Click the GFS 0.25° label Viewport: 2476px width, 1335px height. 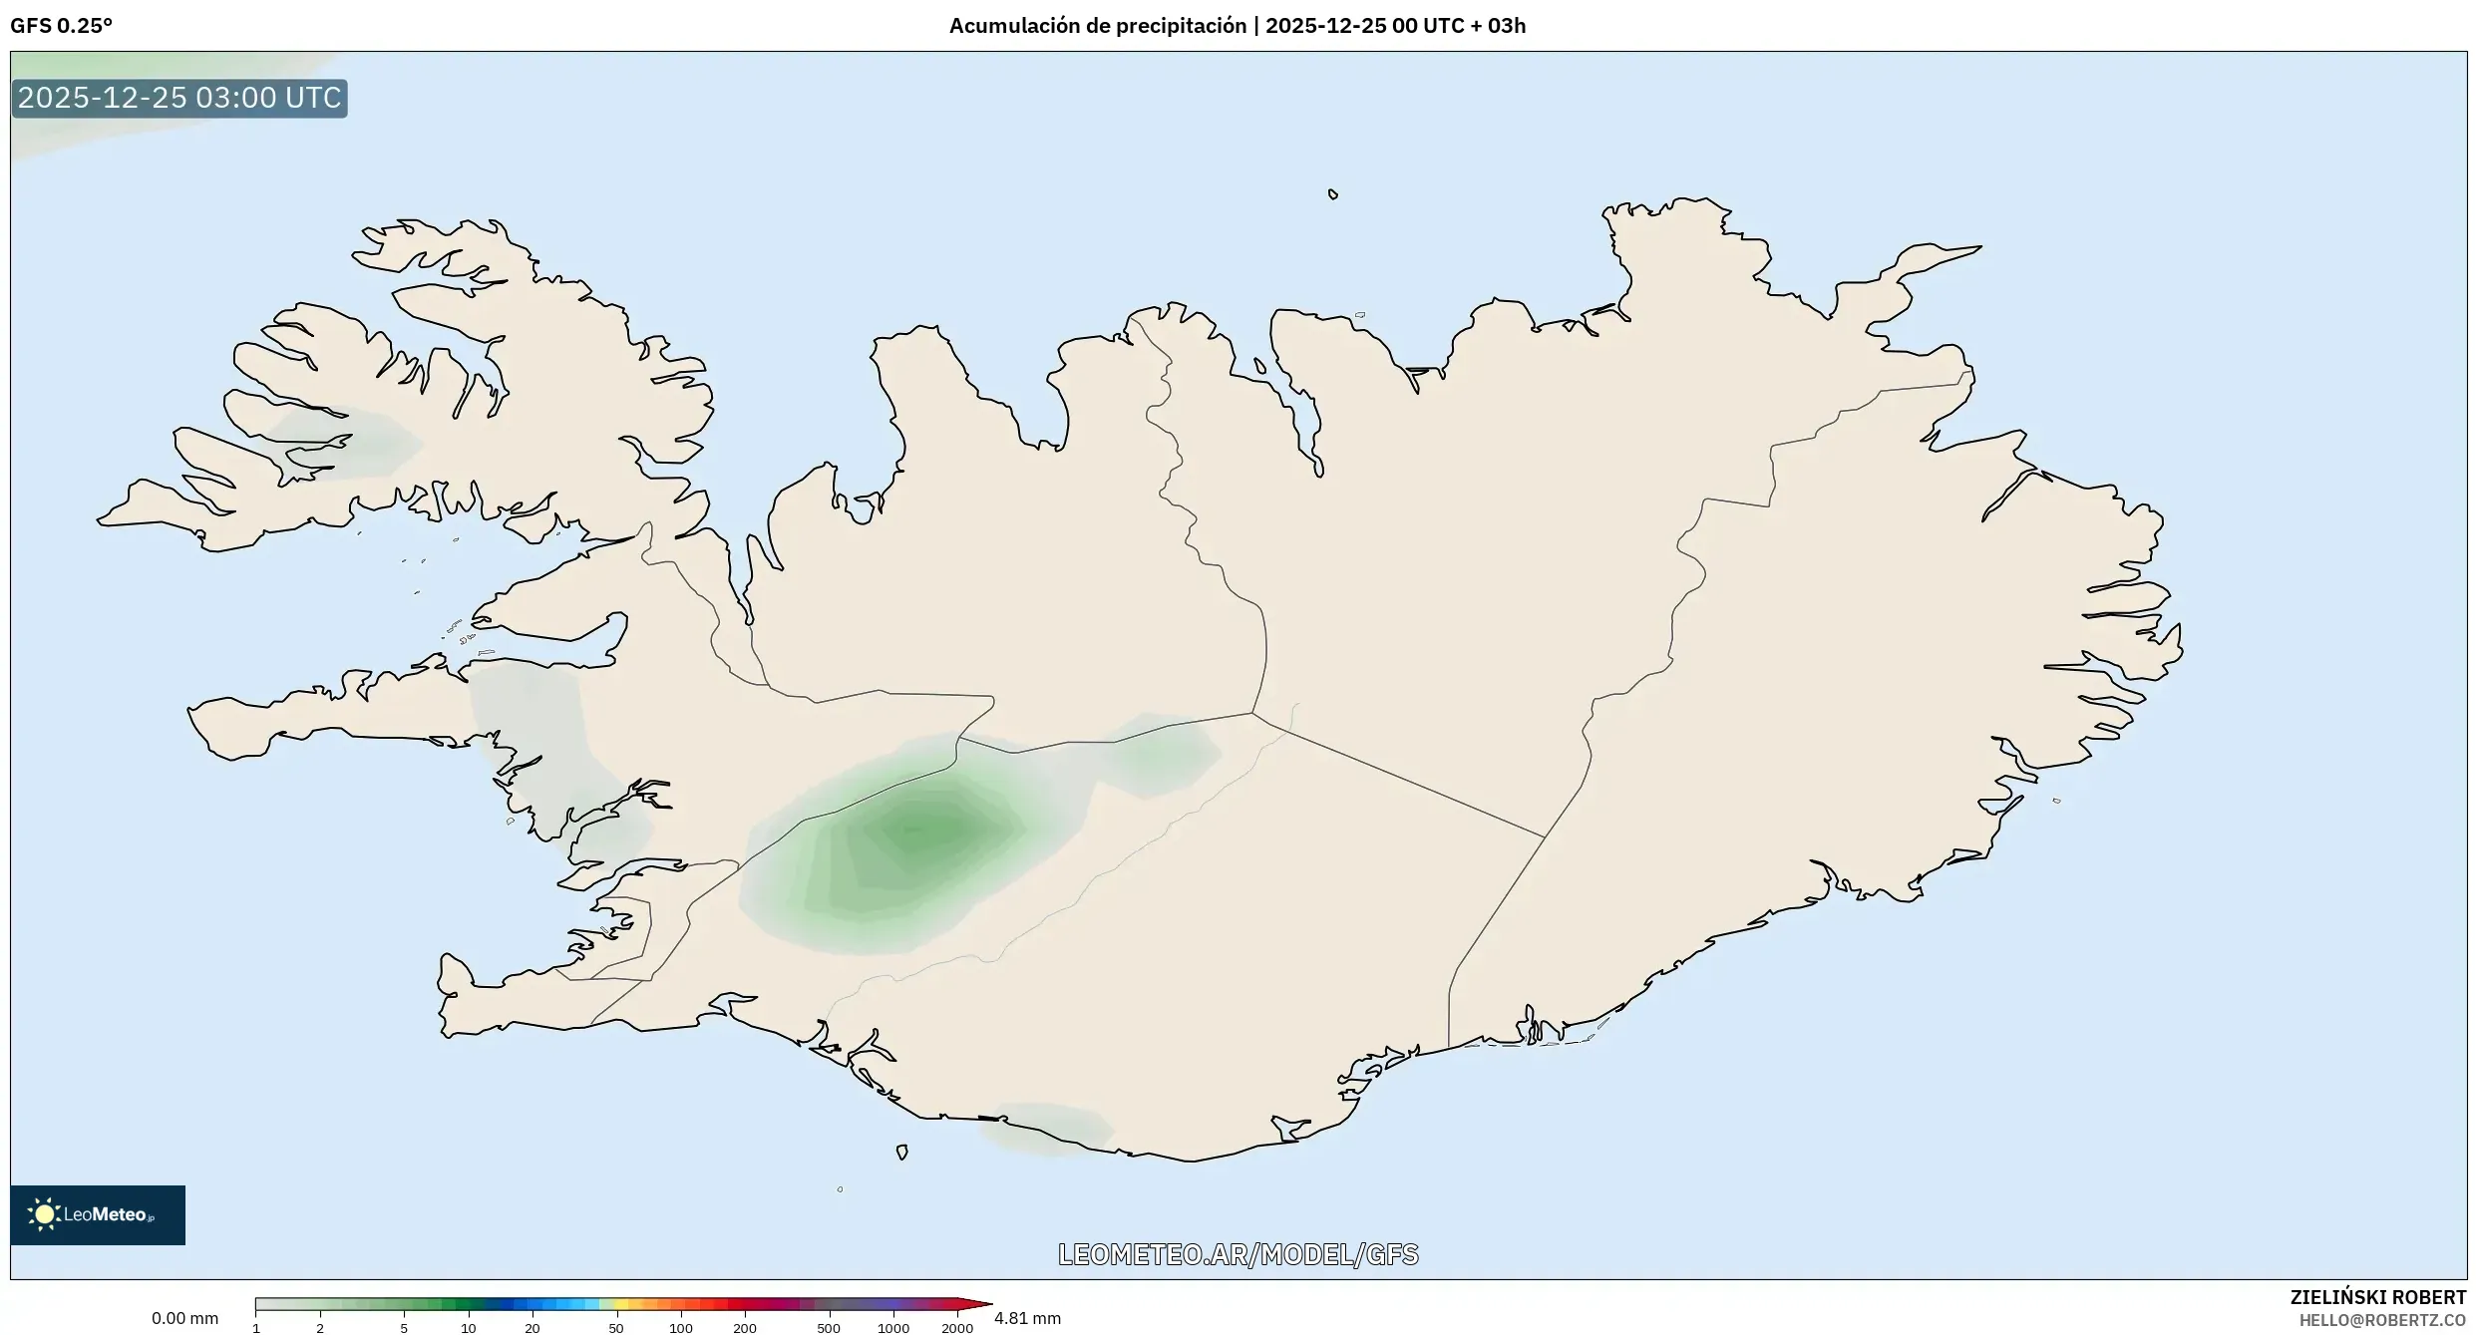click(61, 26)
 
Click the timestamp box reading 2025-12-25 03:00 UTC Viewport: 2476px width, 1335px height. click(179, 98)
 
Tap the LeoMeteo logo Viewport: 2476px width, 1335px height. click(98, 1214)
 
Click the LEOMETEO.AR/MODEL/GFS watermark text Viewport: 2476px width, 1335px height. click(1238, 1254)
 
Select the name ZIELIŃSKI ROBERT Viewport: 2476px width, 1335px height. click(2377, 1297)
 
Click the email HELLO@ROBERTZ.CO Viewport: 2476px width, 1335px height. click(2382, 1320)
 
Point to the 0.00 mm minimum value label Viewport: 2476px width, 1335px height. click(184, 1318)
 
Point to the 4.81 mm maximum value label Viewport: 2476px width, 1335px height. click(1027, 1318)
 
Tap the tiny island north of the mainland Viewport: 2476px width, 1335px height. click(1333, 194)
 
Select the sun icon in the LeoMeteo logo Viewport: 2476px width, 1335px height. click(44, 1214)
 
